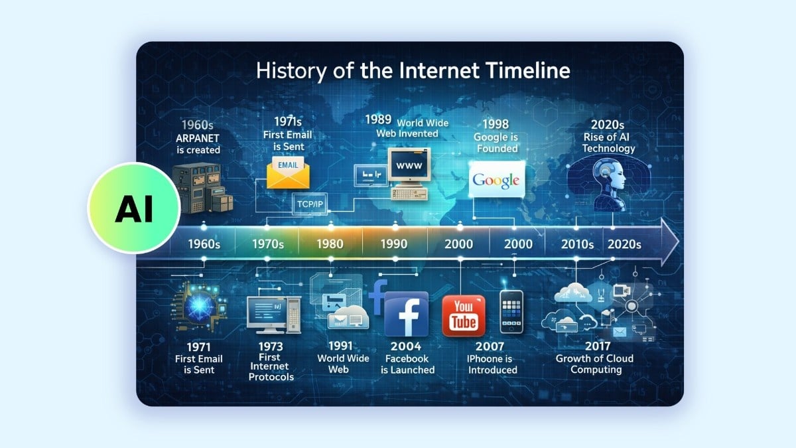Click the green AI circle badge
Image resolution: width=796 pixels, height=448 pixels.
(x=134, y=208)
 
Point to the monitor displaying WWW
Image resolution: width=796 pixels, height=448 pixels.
(x=409, y=165)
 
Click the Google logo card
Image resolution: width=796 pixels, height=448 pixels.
(x=496, y=180)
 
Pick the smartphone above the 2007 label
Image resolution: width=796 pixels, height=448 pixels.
(x=511, y=312)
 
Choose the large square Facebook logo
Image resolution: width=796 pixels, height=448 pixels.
(x=406, y=314)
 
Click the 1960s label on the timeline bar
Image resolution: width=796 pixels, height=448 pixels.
(x=204, y=244)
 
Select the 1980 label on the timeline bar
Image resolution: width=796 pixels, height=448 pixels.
(x=330, y=244)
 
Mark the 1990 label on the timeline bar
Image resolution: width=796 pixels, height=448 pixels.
(x=394, y=244)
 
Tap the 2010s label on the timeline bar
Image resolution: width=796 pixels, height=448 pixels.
(x=576, y=244)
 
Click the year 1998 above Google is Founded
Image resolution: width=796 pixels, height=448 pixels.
(x=496, y=125)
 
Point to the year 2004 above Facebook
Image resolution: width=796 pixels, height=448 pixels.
(x=407, y=346)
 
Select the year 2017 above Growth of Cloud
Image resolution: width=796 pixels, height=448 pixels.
(x=594, y=346)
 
